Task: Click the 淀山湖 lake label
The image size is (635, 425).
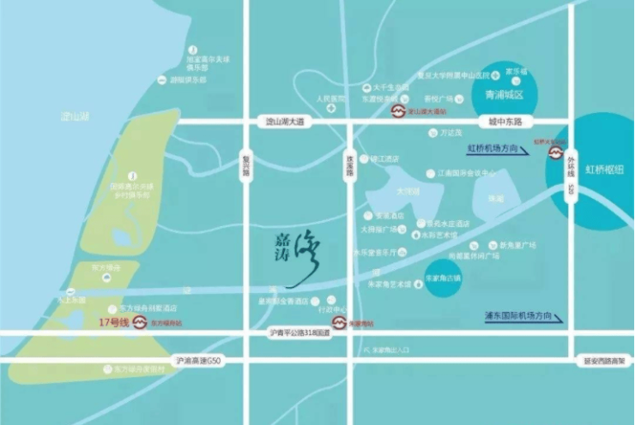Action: pyautogui.click(x=76, y=115)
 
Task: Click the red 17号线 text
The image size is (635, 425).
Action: pyautogui.click(x=112, y=323)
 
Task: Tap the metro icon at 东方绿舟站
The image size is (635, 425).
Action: pyautogui.click(x=140, y=324)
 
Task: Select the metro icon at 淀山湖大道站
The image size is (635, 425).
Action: pyautogui.click(x=397, y=111)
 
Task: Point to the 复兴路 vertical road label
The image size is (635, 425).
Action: pyautogui.click(x=245, y=165)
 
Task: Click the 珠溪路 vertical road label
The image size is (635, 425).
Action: pyautogui.click(x=349, y=165)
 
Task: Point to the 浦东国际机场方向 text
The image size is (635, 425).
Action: pyautogui.click(x=515, y=316)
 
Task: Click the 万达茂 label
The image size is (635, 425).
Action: pyautogui.click(x=451, y=133)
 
